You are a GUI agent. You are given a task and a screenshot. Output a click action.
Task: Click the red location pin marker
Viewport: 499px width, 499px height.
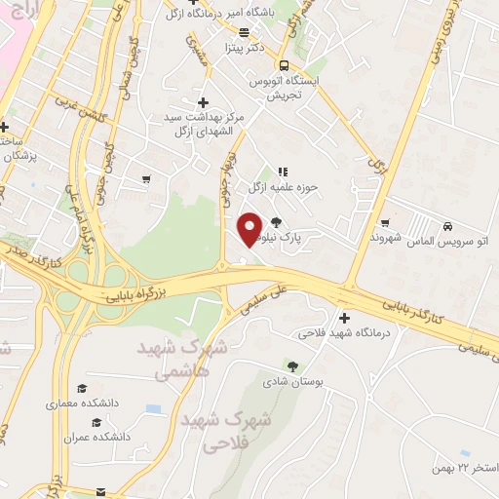pos(250,227)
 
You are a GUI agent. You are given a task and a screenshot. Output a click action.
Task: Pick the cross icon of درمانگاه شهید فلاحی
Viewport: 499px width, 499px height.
pos(343,318)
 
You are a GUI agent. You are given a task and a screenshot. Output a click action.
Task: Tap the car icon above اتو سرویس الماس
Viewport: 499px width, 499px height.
pos(447,223)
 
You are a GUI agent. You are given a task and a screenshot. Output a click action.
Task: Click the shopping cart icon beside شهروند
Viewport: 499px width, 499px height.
pos(385,223)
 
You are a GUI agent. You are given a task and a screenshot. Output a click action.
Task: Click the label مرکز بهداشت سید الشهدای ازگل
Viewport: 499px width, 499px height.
pos(203,123)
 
